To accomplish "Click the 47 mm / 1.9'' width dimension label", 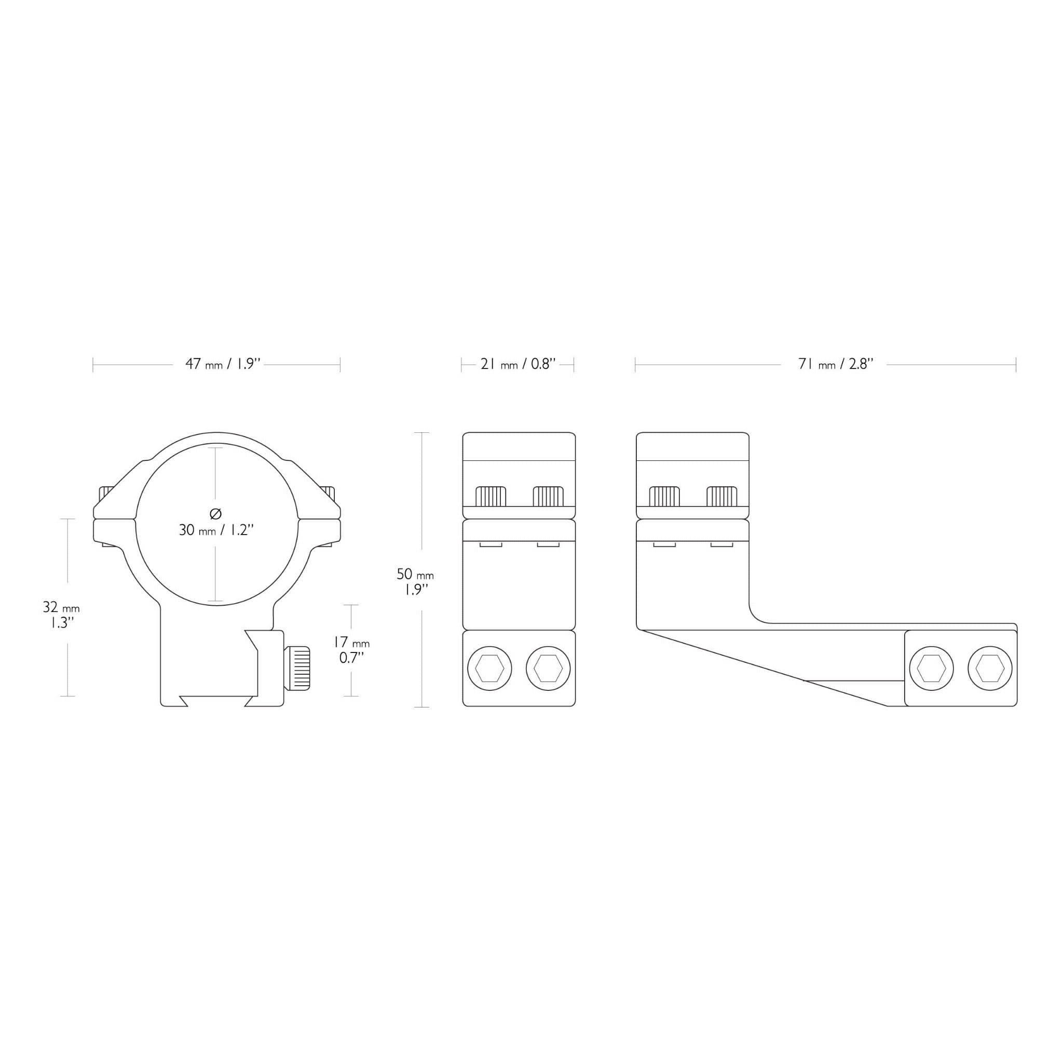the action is (223, 364).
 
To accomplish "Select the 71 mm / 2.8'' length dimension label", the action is (836, 364).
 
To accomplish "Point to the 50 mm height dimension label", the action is (415, 581).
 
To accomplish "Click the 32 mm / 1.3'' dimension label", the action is (61, 615).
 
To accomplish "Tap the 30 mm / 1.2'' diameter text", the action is (216, 530).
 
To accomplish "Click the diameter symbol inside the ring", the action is (216, 513).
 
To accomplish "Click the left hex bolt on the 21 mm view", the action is (489, 669).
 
